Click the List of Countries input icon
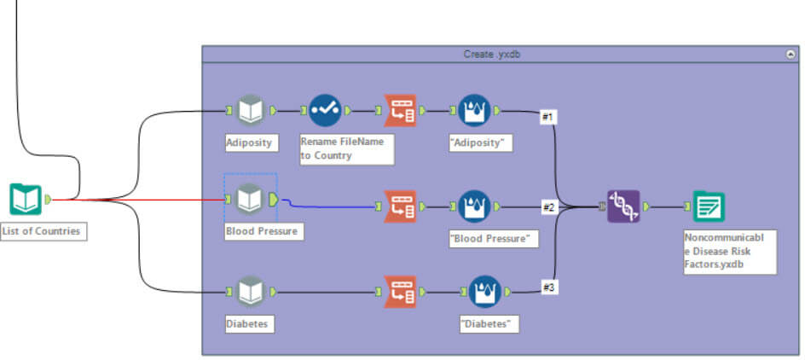(26, 199)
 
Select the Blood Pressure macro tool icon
(249, 199)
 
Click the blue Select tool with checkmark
(324, 110)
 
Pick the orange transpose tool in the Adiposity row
(400, 110)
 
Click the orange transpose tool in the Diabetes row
(400, 290)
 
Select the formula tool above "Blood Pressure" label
(475, 206)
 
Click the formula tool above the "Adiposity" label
(475, 110)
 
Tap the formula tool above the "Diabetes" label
(484, 290)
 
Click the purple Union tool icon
(623, 206)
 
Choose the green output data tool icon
(709, 206)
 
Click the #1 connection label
(549, 117)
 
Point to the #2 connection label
(550, 206)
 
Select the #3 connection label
(550, 287)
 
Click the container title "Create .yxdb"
(492, 54)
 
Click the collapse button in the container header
(790, 54)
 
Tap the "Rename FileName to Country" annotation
(345, 148)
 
